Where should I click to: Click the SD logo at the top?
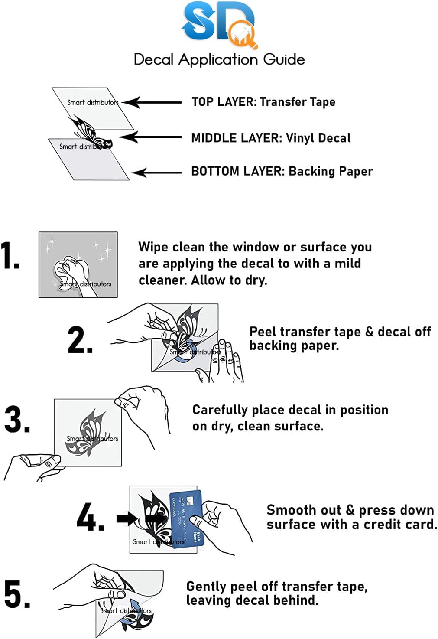(219, 24)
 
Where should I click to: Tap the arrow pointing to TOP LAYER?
(152, 103)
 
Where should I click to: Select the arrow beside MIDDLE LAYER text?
(149, 137)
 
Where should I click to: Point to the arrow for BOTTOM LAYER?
(156, 173)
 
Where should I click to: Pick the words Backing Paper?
(330, 171)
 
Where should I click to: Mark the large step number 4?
(89, 517)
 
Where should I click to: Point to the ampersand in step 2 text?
(369, 332)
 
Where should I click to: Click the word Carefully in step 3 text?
(220, 410)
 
